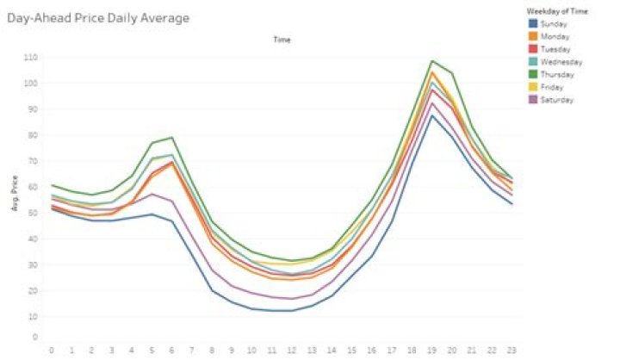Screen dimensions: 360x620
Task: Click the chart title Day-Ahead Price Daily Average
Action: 98,16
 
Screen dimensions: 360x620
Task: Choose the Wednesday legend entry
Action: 556,62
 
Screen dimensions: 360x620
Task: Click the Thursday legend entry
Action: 554,75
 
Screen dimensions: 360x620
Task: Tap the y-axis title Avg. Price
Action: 14,199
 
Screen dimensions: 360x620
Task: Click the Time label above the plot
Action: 282,40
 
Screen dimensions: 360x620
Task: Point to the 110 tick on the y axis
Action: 32,57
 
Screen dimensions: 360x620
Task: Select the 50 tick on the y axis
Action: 34,213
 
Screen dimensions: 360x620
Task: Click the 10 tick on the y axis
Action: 34,316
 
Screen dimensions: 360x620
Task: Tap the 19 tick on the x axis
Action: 431,350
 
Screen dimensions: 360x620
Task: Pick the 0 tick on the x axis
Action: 52,350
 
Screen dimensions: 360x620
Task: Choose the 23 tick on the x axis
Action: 512,350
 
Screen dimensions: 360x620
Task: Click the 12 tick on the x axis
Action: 291,350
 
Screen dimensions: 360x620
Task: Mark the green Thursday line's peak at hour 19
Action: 431,61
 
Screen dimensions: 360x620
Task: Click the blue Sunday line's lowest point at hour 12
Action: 291,310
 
